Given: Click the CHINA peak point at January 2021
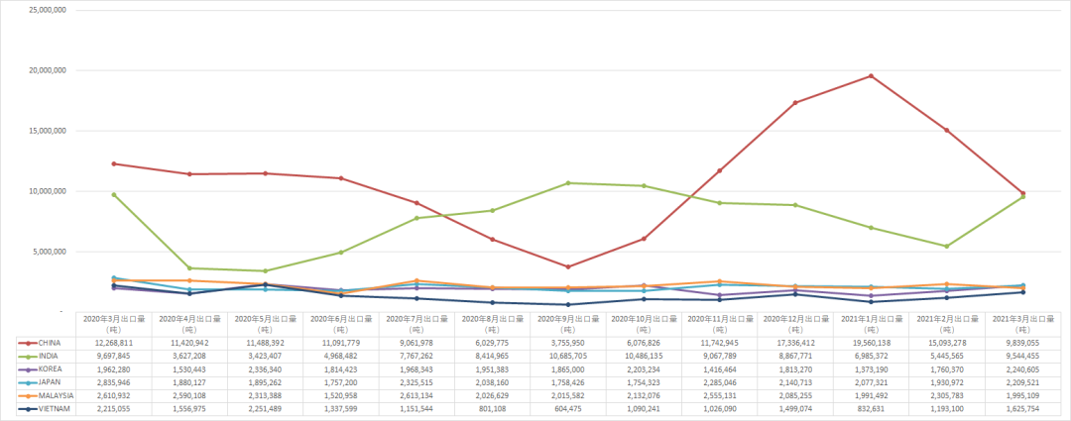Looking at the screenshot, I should [871, 76].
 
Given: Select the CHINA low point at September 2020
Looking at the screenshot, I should [568, 267].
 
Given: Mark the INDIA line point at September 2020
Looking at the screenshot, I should [568, 183].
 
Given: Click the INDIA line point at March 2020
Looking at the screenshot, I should [114, 195].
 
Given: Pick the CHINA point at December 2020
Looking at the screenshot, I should [795, 103].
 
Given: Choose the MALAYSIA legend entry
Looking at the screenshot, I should [56, 394].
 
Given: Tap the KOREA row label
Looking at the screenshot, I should [50, 368].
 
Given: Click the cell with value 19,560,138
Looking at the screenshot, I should [871, 343].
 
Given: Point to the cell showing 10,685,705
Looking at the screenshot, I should [568, 356].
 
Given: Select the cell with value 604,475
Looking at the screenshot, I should [568, 407].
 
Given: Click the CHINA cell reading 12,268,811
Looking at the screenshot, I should [114, 343].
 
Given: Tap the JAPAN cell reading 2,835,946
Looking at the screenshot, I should [114, 381].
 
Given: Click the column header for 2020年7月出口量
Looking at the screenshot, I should [416, 323].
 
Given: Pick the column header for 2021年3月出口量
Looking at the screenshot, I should [1022, 323].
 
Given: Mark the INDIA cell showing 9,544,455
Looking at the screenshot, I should [1022, 356].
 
